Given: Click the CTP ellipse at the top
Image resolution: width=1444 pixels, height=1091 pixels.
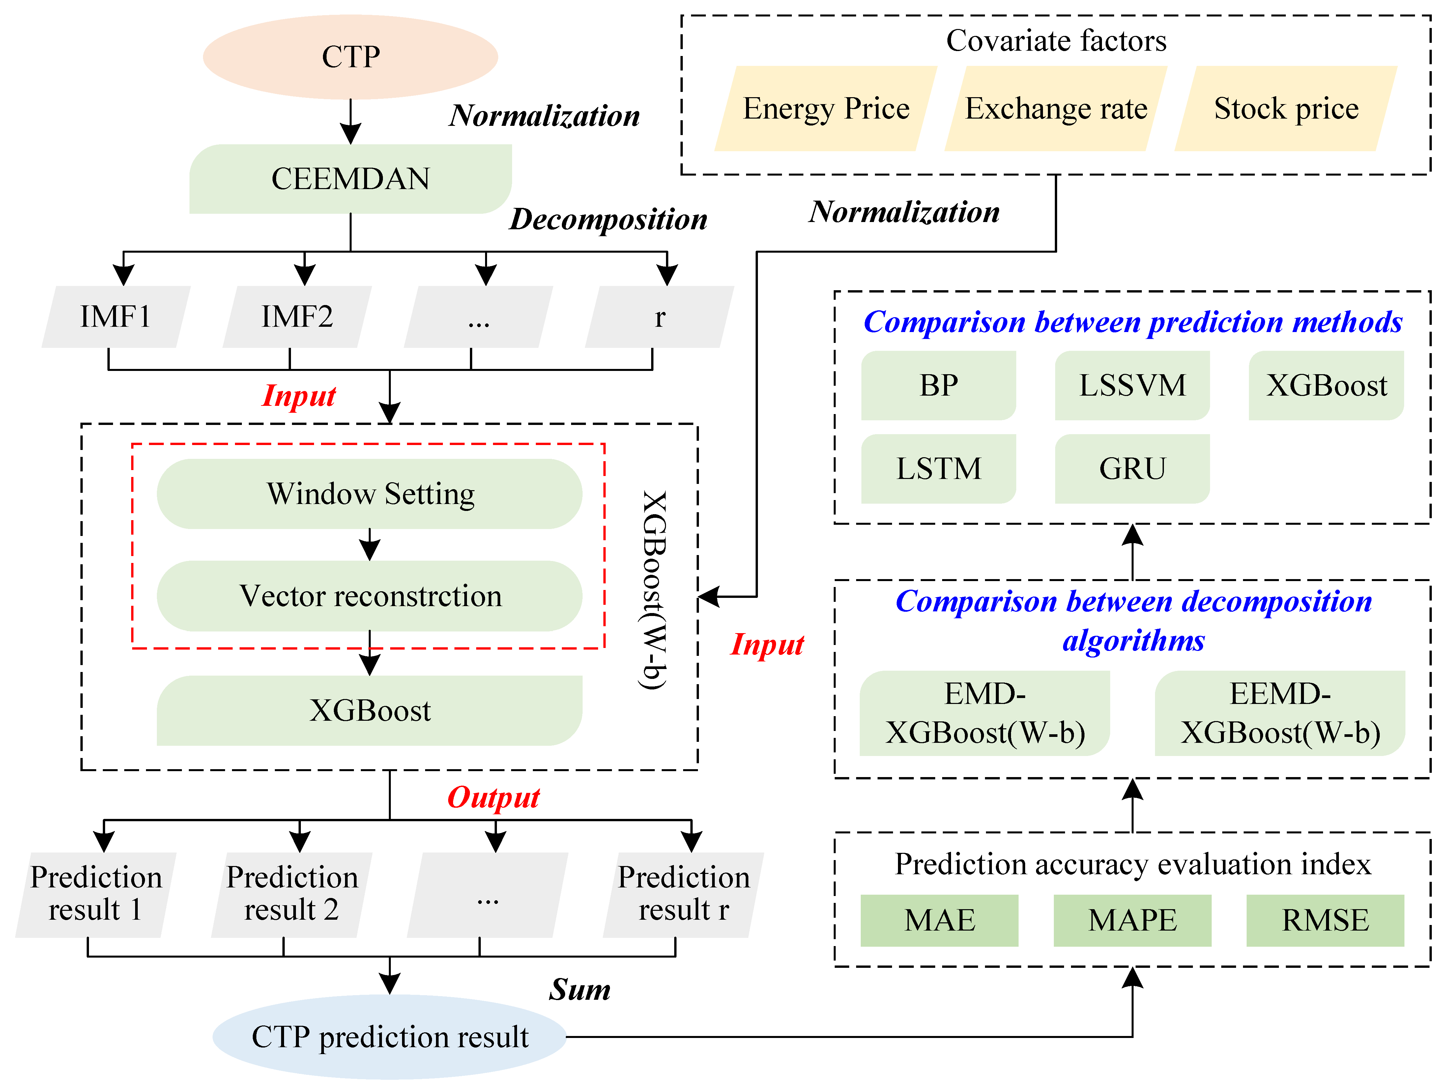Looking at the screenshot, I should tap(351, 57).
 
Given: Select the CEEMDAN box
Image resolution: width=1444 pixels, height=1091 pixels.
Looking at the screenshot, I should tap(351, 179).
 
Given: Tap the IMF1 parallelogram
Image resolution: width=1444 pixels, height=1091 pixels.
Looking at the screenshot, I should tap(116, 317).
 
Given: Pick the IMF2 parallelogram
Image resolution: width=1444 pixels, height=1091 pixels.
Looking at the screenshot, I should tap(297, 317).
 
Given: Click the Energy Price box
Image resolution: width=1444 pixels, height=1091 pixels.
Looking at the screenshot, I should tap(826, 108).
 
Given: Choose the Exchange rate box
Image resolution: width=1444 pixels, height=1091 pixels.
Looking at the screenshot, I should tap(1055, 108).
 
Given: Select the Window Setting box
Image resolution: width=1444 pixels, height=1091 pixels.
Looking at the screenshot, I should tap(369, 494).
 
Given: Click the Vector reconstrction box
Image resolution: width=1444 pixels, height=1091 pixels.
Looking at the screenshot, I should tap(369, 596).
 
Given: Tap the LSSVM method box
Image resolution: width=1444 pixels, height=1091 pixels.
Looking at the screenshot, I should tap(1132, 385).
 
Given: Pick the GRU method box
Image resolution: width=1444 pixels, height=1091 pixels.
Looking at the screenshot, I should tap(1132, 468).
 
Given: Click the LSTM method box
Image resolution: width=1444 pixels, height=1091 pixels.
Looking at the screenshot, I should tap(938, 468).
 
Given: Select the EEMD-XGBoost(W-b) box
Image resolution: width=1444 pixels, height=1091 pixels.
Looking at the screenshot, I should tap(1280, 713).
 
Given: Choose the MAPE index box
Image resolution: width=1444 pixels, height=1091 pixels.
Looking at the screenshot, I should tap(1132, 920).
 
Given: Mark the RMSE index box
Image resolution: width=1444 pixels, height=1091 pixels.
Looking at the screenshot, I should tap(1325, 920).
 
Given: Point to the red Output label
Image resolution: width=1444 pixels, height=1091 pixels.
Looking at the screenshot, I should tap(494, 797).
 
